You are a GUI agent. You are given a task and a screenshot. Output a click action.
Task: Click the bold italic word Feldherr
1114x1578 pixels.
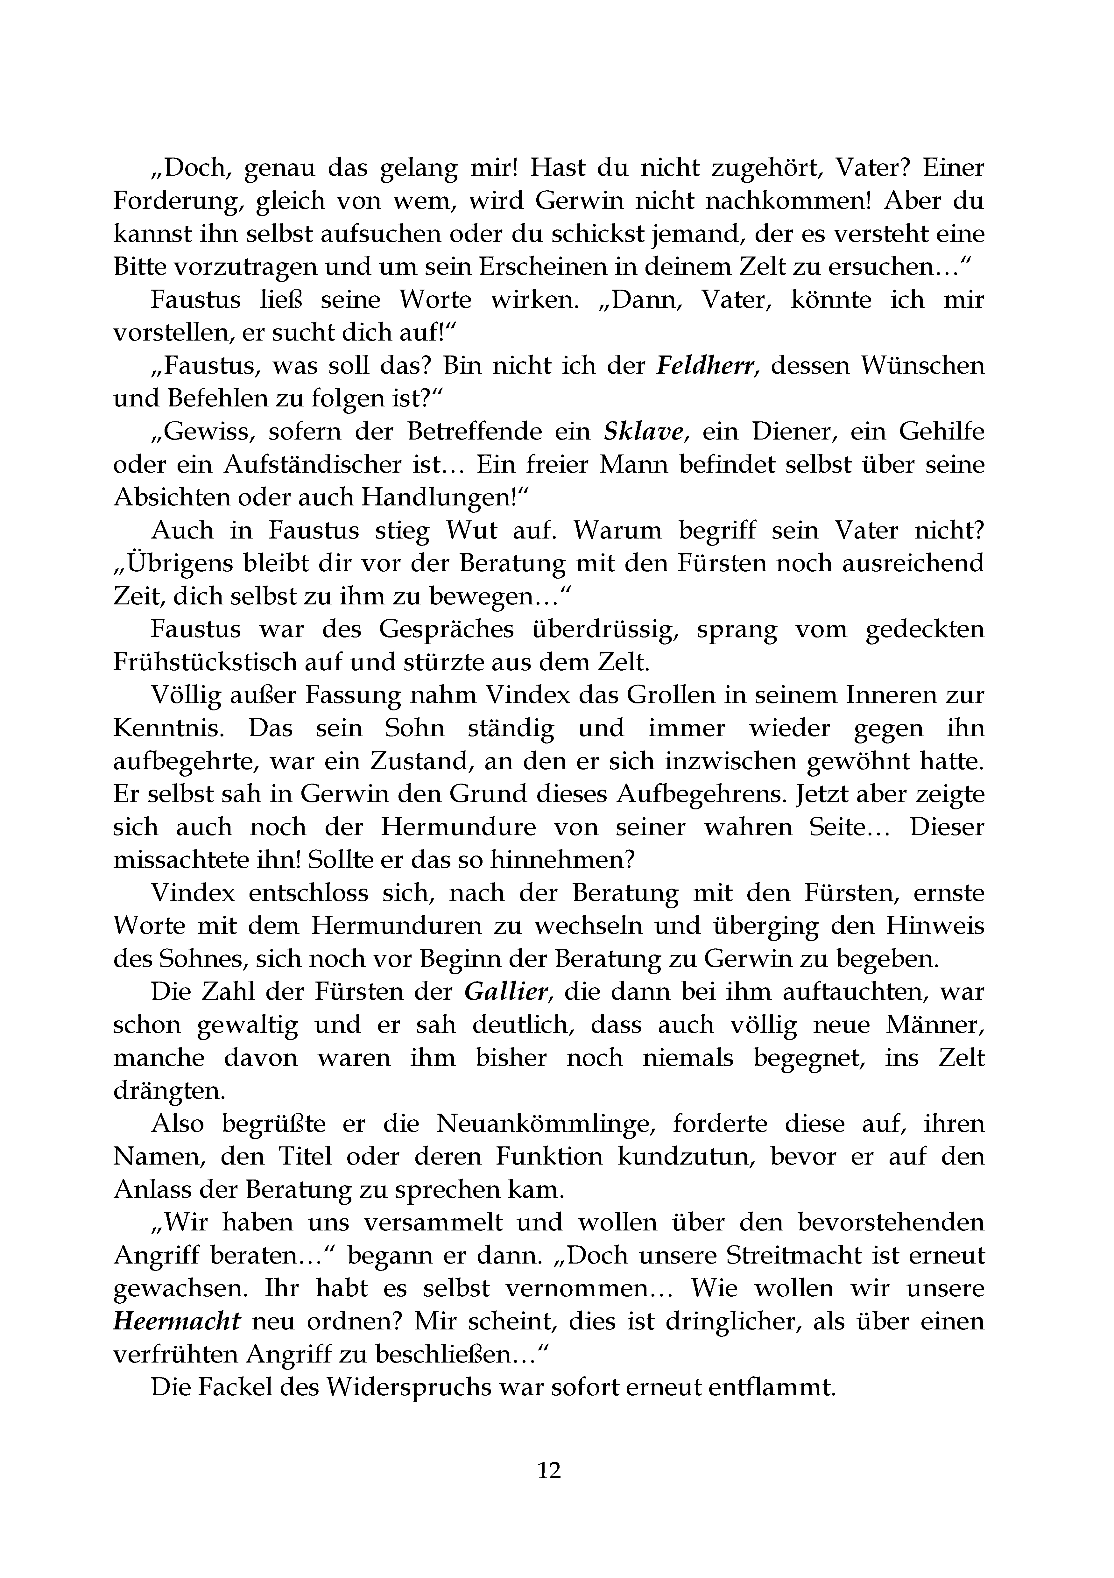pos(708,366)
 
